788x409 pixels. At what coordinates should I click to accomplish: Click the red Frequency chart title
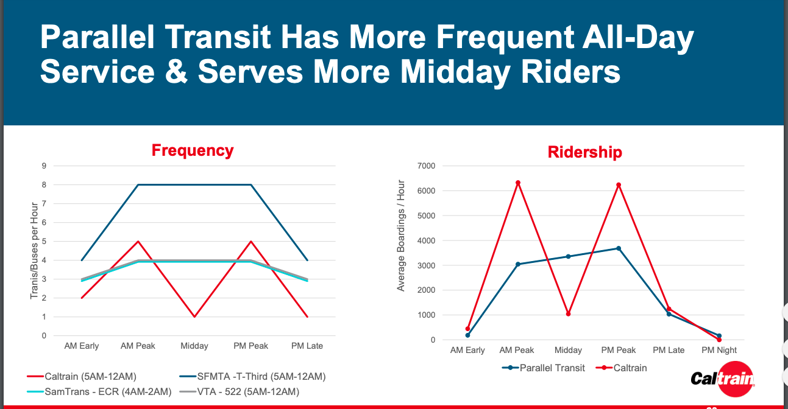(x=193, y=150)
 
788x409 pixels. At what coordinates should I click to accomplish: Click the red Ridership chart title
(x=584, y=152)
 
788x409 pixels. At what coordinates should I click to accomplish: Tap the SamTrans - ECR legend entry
(x=99, y=391)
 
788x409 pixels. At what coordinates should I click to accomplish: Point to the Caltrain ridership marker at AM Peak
(x=517, y=183)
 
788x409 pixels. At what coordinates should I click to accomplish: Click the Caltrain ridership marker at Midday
(x=568, y=314)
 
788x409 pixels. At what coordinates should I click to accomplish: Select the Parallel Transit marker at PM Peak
(x=618, y=248)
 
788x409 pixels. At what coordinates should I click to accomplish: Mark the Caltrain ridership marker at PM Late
(x=669, y=309)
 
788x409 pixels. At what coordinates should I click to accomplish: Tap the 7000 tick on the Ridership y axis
(x=425, y=166)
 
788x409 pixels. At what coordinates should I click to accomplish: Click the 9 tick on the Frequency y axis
(x=44, y=166)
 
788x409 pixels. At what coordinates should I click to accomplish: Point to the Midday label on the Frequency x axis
(x=194, y=346)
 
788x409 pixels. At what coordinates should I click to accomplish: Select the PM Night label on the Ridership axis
(x=719, y=350)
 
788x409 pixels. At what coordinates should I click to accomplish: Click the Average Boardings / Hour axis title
(x=401, y=235)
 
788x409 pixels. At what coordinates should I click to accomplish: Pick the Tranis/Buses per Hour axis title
(x=35, y=250)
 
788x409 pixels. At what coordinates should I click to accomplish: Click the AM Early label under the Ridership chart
(x=467, y=350)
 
